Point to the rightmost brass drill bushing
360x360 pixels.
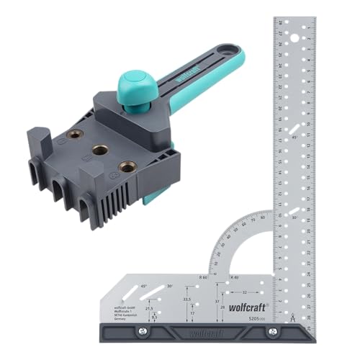[x=128, y=166]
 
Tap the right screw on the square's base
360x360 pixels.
[x=272, y=330]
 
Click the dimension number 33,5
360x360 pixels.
[x=187, y=300]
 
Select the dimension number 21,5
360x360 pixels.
[x=149, y=307]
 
